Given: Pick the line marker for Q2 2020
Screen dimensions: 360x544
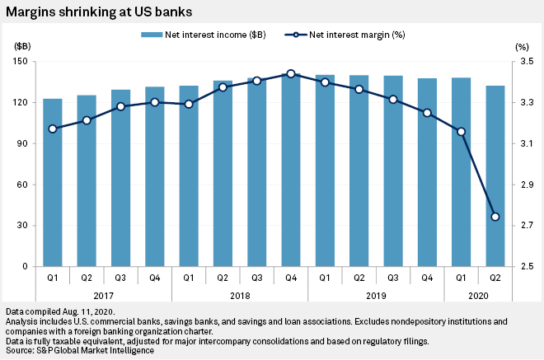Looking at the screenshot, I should [495, 217].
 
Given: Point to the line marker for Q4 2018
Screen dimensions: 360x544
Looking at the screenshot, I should [291, 74].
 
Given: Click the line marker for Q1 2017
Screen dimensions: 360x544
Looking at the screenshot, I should [53, 129].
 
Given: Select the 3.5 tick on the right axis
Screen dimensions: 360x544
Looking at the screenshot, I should [524, 62].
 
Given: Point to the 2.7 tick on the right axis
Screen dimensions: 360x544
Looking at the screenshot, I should [524, 226].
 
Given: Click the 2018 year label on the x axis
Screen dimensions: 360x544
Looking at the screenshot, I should [240, 293].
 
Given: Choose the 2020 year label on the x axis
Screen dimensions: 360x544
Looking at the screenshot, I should [478, 293].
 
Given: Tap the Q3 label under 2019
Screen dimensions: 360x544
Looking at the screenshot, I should [393, 278].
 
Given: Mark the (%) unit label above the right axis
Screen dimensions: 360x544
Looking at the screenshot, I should [522, 48].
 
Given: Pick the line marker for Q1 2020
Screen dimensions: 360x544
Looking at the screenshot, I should [462, 132].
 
